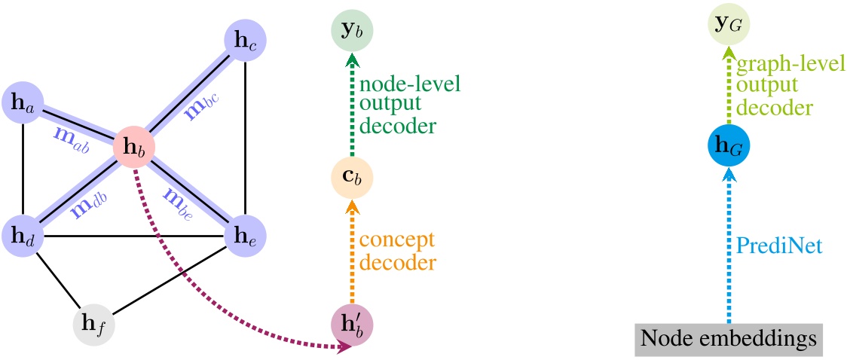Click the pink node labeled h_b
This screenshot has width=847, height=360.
(x=135, y=148)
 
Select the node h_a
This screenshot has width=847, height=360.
(x=25, y=105)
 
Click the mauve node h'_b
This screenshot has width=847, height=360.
(x=352, y=325)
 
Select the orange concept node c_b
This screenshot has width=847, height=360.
(x=352, y=179)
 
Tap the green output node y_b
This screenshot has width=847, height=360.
(x=352, y=32)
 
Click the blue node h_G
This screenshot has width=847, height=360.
(x=728, y=145)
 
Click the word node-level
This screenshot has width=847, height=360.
(x=410, y=81)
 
